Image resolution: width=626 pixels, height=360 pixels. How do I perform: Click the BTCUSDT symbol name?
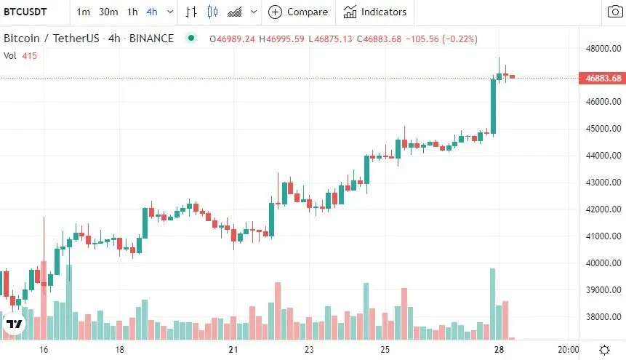[26, 12]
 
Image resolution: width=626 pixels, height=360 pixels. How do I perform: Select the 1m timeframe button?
[84, 12]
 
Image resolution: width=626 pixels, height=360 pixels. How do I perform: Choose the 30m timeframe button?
[108, 12]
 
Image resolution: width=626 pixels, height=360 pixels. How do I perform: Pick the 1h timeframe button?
[132, 12]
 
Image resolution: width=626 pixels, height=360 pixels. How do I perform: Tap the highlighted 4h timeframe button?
[151, 12]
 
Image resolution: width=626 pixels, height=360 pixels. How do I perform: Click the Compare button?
[298, 12]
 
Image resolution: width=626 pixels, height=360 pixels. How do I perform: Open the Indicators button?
[375, 12]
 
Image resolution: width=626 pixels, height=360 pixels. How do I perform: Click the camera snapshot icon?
[615, 12]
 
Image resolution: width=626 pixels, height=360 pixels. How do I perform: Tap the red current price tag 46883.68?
[601, 79]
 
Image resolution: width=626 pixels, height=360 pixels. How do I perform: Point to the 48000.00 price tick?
[600, 49]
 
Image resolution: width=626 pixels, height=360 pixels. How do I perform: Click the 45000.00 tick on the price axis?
[600, 129]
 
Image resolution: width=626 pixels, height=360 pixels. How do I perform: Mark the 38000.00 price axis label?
[600, 317]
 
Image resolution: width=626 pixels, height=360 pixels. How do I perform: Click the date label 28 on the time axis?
[499, 350]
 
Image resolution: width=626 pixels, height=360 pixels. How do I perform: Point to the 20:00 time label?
[568, 350]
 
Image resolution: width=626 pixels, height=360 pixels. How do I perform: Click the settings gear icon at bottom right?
[604, 350]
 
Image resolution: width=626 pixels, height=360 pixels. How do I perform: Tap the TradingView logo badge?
[15, 324]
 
